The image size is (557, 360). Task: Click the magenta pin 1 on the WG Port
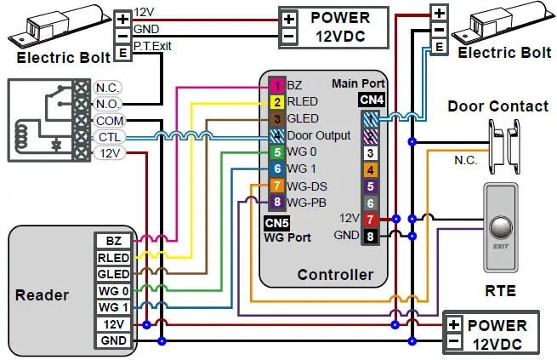276,86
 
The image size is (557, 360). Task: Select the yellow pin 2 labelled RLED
276,102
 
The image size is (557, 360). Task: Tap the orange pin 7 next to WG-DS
276,186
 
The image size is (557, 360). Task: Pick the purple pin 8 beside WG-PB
276,203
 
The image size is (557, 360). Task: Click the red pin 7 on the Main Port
370,220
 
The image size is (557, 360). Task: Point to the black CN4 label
372,100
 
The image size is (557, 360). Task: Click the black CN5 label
277,224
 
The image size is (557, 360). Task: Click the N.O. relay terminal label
108,104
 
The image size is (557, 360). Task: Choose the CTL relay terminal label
109,137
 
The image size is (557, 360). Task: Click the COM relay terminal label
109,121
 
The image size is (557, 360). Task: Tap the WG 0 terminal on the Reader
113,290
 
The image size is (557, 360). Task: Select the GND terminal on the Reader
113,340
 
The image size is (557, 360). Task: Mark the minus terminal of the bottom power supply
454,342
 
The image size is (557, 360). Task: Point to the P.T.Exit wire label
152,46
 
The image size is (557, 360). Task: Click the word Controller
335,274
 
